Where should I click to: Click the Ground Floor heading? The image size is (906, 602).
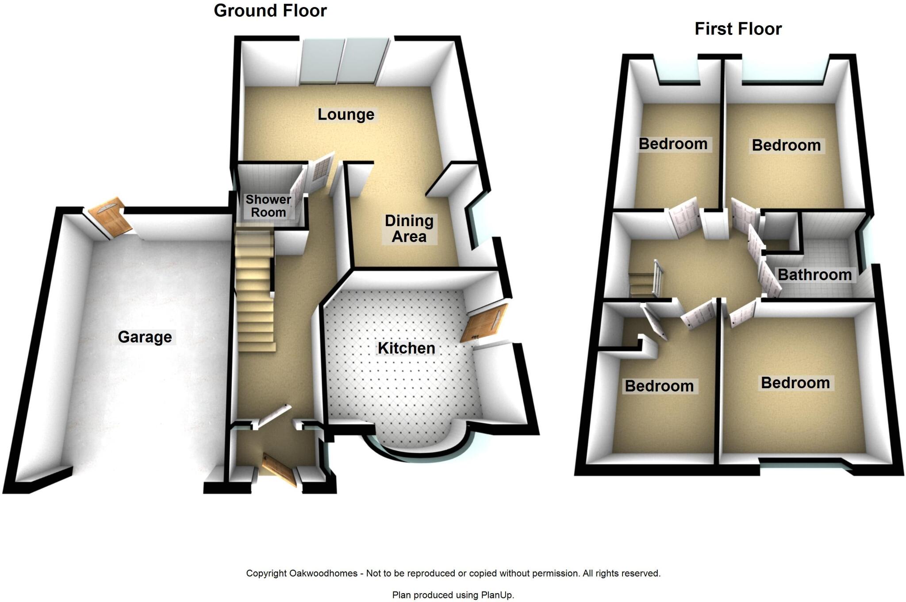[270, 11]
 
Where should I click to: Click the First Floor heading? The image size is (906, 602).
[738, 29]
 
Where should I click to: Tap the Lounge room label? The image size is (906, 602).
[346, 115]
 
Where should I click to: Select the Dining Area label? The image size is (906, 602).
[409, 228]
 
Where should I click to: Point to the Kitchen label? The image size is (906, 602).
[406, 348]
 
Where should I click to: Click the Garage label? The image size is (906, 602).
[145, 337]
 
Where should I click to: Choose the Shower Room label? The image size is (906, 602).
[268, 206]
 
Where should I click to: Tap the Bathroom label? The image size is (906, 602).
[814, 275]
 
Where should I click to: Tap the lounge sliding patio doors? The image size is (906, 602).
[344, 62]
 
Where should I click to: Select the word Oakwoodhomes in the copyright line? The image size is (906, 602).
[323, 574]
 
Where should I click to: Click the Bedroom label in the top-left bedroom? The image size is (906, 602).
[673, 144]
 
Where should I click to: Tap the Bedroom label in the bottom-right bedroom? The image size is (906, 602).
[795, 383]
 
